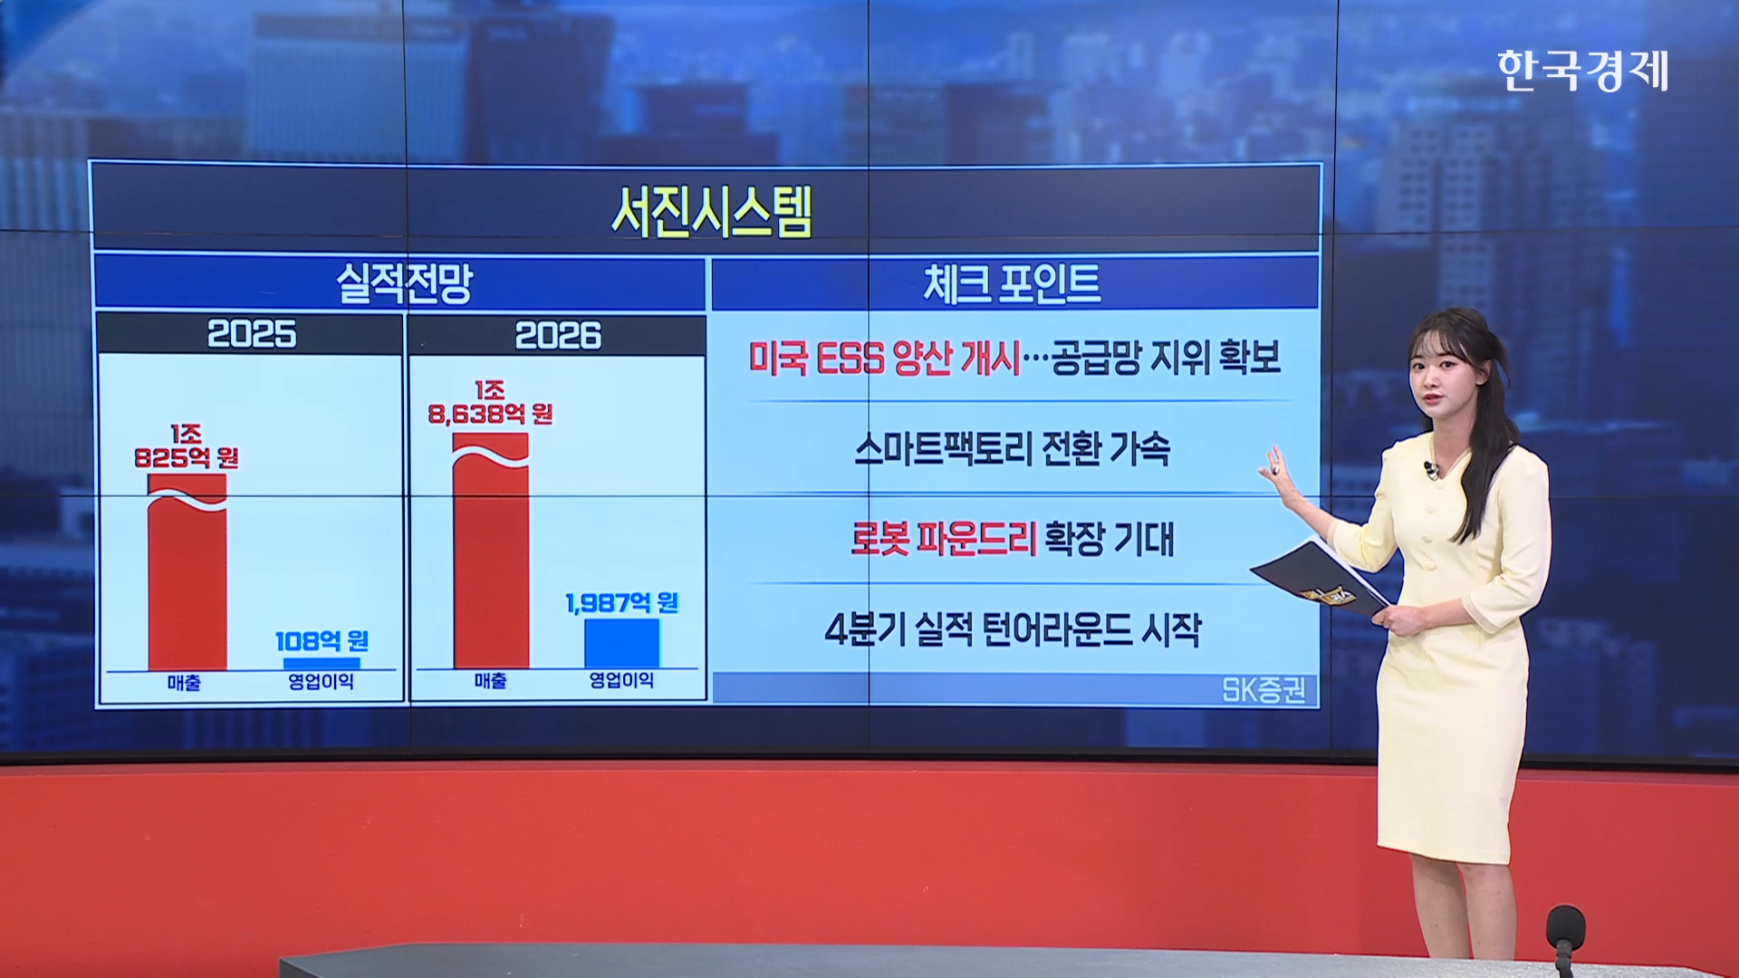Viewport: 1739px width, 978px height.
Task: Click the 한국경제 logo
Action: (1582, 71)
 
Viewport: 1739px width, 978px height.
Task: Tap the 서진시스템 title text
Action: (712, 213)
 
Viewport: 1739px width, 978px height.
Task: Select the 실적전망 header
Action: (404, 283)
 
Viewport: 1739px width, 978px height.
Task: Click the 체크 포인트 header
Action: (1012, 283)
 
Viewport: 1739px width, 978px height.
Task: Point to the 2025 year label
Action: (252, 334)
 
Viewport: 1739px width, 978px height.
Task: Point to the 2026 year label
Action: (558, 336)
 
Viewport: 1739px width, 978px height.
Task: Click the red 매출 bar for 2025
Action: (187, 571)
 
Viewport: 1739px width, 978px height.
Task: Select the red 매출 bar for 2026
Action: (491, 551)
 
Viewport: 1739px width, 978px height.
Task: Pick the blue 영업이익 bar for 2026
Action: (621, 644)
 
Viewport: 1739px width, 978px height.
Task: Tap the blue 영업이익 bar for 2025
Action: (322, 664)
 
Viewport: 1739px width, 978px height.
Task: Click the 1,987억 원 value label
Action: (621, 603)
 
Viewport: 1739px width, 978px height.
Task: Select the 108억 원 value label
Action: (322, 642)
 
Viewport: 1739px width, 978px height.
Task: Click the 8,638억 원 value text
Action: (491, 414)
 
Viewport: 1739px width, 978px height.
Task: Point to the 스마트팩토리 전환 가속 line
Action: (1012, 449)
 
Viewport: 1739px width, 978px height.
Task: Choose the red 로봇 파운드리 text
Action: (943, 539)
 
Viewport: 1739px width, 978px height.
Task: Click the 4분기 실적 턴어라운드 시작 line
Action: (1013, 629)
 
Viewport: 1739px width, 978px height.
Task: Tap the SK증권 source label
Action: (1263, 691)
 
